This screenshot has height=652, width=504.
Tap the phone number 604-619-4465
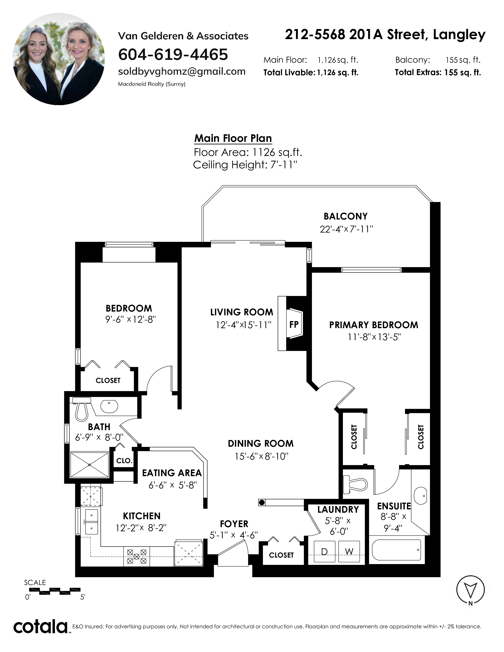point(173,55)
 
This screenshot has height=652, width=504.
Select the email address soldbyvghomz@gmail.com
point(182,72)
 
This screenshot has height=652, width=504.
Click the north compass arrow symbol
point(471,590)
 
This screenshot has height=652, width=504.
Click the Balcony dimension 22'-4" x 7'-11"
point(346,229)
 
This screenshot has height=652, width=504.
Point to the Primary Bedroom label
point(374,325)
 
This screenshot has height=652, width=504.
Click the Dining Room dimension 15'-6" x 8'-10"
point(261,456)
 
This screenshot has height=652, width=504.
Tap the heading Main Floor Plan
point(233,138)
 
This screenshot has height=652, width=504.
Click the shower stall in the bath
point(89,465)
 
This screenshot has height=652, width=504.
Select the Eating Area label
point(172,473)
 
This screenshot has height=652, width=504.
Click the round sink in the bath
point(109,406)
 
